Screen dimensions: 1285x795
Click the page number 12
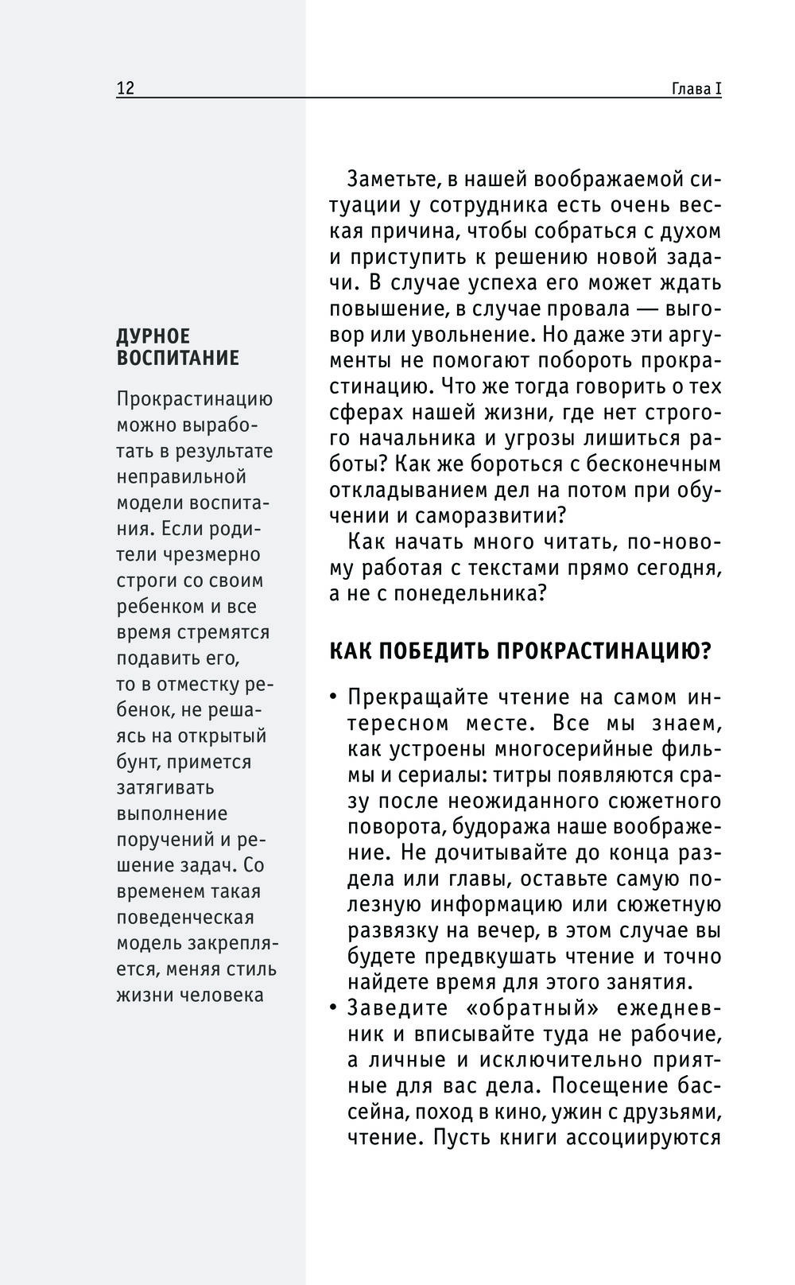point(126,88)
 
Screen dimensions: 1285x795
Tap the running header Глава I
point(696,88)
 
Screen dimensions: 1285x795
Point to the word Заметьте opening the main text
point(398,179)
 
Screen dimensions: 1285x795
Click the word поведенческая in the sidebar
point(185,917)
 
